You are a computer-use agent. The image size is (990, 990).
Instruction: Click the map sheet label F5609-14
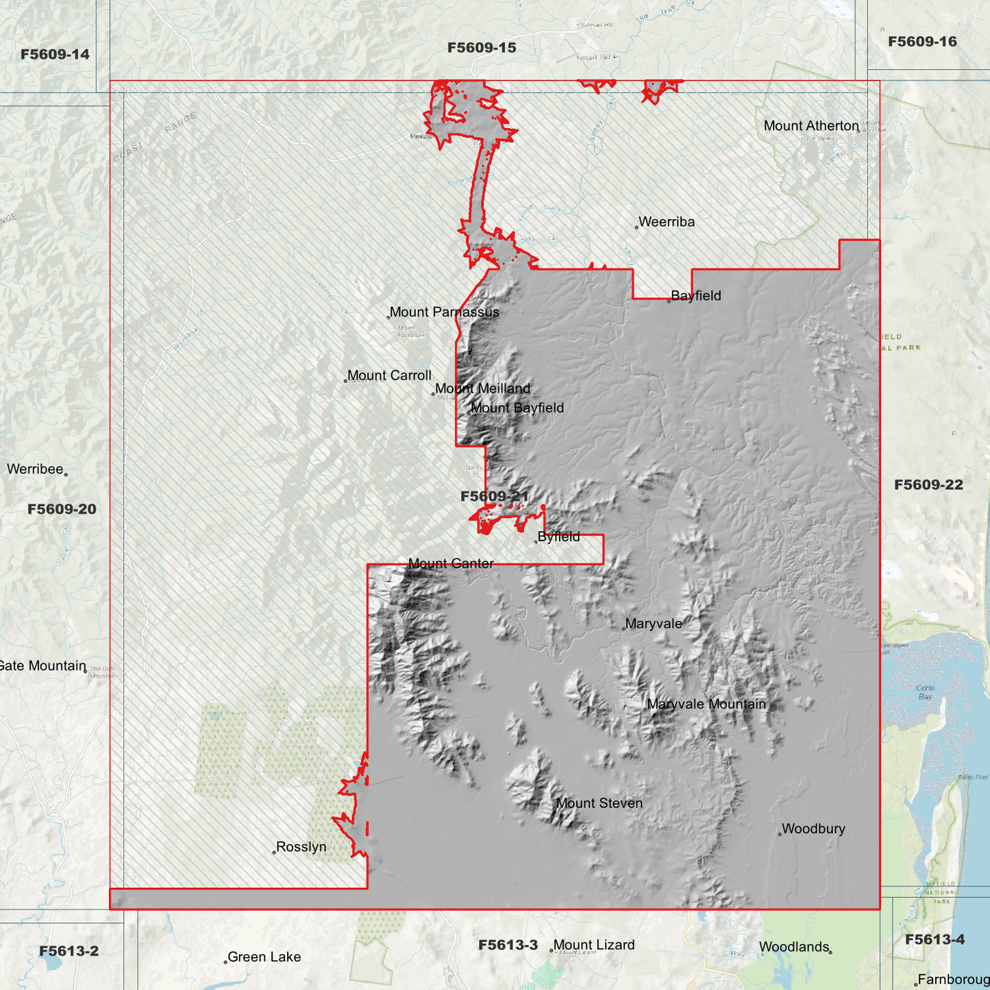coord(55,55)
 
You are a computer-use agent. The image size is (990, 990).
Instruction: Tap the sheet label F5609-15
coord(482,48)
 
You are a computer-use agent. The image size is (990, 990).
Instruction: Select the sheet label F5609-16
coord(922,42)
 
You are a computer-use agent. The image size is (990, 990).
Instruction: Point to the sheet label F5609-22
coord(928,485)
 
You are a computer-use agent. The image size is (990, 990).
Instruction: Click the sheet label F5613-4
coord(935,939)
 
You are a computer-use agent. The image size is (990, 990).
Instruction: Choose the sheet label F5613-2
coord(69,951)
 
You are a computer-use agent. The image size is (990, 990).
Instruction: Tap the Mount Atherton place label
coord(810,126)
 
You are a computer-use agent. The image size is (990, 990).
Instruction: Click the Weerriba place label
coord(666,222)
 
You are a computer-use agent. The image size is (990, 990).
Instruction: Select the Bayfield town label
coord(695,296)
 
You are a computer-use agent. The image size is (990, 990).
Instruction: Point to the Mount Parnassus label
coord(444,312)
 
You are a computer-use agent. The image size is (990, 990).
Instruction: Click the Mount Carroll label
coord(389,375)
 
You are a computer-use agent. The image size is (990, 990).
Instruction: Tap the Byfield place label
coord(558,537)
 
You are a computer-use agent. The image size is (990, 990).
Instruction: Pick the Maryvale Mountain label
coord(706,704)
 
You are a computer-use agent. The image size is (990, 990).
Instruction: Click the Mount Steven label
coord(599,804)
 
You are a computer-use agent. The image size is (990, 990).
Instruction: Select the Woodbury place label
coord(813,829)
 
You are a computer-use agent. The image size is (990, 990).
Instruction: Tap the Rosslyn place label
coord(301,847)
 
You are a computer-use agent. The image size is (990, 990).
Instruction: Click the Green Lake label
coord(264,957)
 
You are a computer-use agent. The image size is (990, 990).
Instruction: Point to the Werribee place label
coord(35,469)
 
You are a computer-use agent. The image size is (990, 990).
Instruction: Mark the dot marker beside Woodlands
coord(830,952)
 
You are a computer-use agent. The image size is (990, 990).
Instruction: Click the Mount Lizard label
coord(594,945)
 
